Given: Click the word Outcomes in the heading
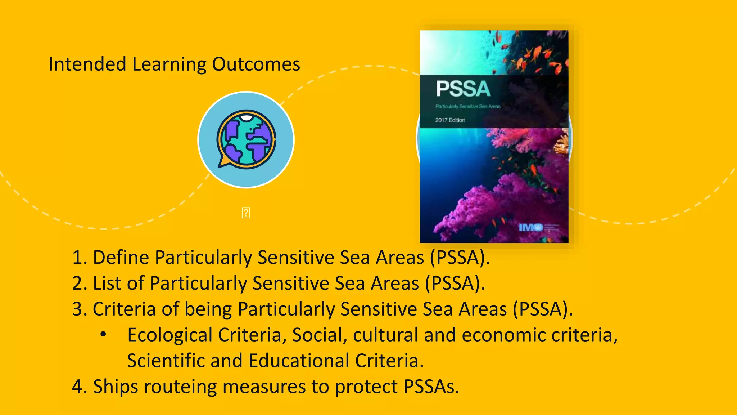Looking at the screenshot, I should point(256,64).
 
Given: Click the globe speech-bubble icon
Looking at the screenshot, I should point(246,139).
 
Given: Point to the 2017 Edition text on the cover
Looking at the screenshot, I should point(450,120).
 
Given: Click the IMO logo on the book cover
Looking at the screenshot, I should point(530,227).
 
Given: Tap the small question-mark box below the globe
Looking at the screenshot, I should point(246,213).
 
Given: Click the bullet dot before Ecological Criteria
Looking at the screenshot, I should point(103,335).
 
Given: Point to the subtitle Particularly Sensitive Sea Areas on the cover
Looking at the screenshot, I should point(468,106).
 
